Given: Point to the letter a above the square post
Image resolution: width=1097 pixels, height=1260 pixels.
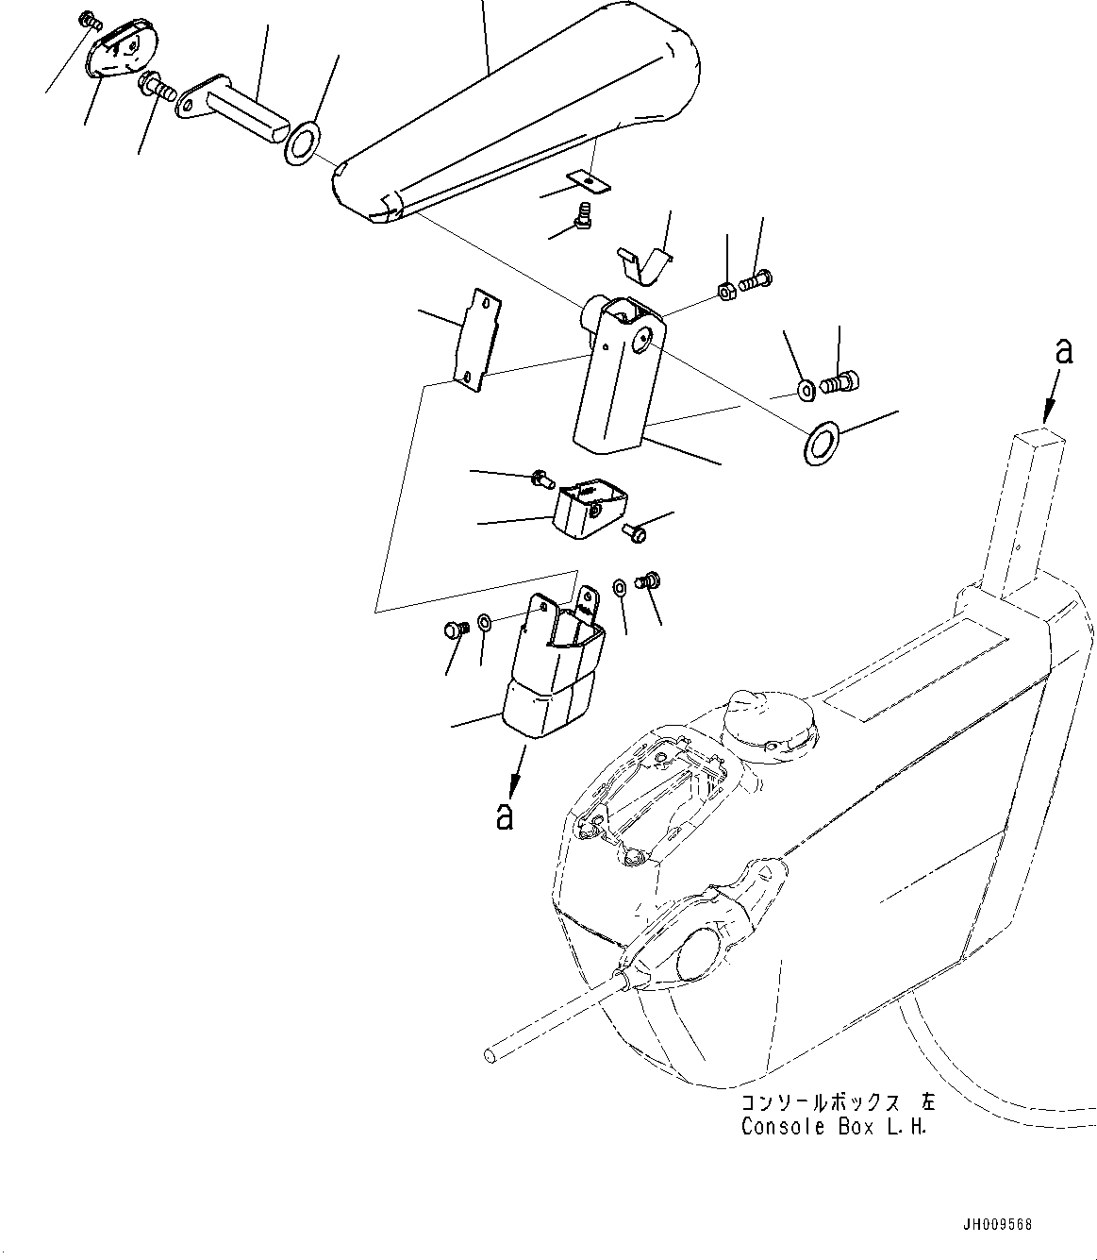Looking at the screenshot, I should pos(1064,352).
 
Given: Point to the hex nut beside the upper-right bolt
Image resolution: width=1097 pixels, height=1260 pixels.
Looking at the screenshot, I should pos(727,290).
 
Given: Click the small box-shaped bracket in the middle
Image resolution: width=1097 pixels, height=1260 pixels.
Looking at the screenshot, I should pos(589,508).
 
